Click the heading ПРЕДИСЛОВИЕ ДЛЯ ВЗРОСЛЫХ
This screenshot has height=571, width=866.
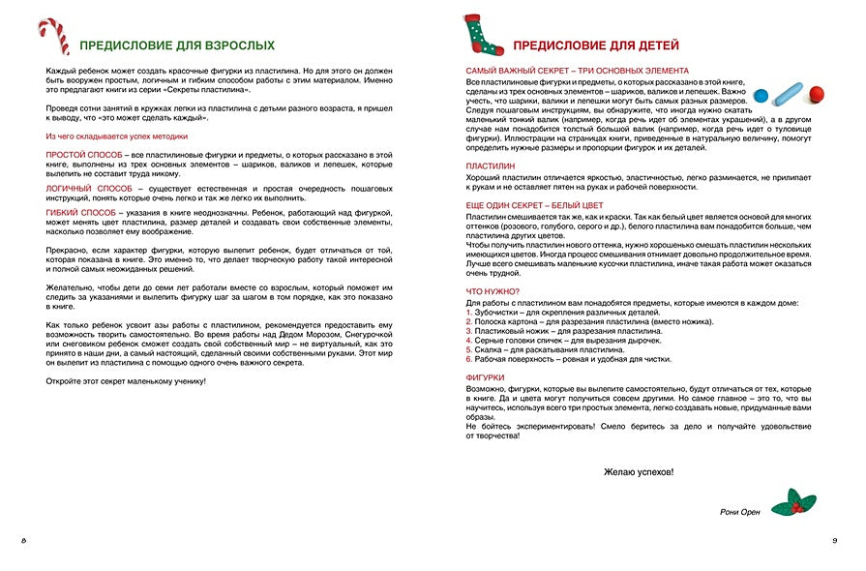point(176,45)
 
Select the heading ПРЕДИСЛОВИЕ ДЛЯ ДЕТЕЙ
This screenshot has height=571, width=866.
point(595,45)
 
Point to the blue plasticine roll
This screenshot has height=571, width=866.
point(789,94)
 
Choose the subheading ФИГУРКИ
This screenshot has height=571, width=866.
point(486,377)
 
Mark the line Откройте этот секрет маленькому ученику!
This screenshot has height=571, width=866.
point(126,380)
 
